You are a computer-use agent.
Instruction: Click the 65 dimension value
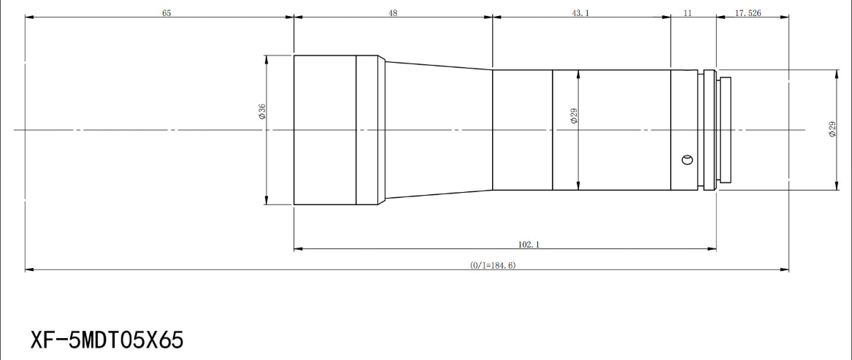(x=166, y=13)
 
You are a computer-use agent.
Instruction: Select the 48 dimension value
(x=393, y=13)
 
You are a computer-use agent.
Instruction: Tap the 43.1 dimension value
(x=580, y=13)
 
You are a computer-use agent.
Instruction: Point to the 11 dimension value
(x=687, y=13)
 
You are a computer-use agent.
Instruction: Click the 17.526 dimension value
(x=748, y=13)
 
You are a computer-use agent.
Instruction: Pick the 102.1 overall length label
(x=529, y=245)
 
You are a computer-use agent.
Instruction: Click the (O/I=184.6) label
(x=493, y=265)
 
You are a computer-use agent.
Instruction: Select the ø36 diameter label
(x=262, y=112)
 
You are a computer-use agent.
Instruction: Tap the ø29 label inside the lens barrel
(x=574, y=116)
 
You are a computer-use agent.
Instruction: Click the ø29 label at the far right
(x=832, y=129)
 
